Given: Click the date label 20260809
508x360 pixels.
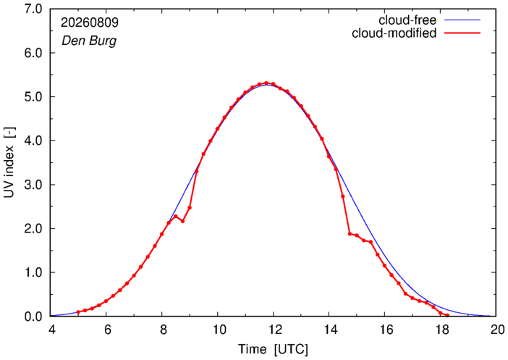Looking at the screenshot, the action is pyautogui.click(x=90, y=22).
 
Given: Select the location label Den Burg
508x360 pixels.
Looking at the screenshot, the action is pyautogui.click(x=89, y=41).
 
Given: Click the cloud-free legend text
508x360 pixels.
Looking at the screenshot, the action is pyautogui.click(x=407, y=20).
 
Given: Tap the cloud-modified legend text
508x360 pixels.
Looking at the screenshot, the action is pyautogui.click(x=394, y=33).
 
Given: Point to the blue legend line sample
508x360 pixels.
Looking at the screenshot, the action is pyautogui.click(x=462, y=20).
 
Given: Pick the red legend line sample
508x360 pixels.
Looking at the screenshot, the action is pyautogui.click(x=462, y=33).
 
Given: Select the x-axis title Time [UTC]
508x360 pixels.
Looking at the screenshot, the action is pyautogui.click(x=273, y=349).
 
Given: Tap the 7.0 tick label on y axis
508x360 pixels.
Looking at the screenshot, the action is pyautogui.click(x=33, y=9).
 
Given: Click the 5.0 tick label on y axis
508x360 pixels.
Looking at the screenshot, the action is pyautogui.click(x=33, y=96).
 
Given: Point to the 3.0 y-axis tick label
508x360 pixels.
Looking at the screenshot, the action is pyautogui.click(x=33, y=185).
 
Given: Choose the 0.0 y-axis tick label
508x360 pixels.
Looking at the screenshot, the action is pyautogui.click(x=33, y=317).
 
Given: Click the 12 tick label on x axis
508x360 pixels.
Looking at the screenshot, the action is pyautogui.click(x=273, y=330).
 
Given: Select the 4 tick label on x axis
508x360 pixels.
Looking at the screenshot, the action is pyautogui.click(x=51, y=330).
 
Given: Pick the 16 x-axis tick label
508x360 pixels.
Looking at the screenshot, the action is pyautogui.click(x=385, y=330).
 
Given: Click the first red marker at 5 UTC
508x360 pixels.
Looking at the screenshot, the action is pyautogui.click(x=78, y=312).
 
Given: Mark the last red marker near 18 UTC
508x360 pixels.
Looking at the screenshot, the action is pyautogui.click(x=447, y=315).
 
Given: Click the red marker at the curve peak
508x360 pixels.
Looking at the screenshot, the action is pyautogui.click(x=266, y=83).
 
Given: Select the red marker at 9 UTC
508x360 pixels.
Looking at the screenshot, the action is pyautogui.click(x=190, y=208).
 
